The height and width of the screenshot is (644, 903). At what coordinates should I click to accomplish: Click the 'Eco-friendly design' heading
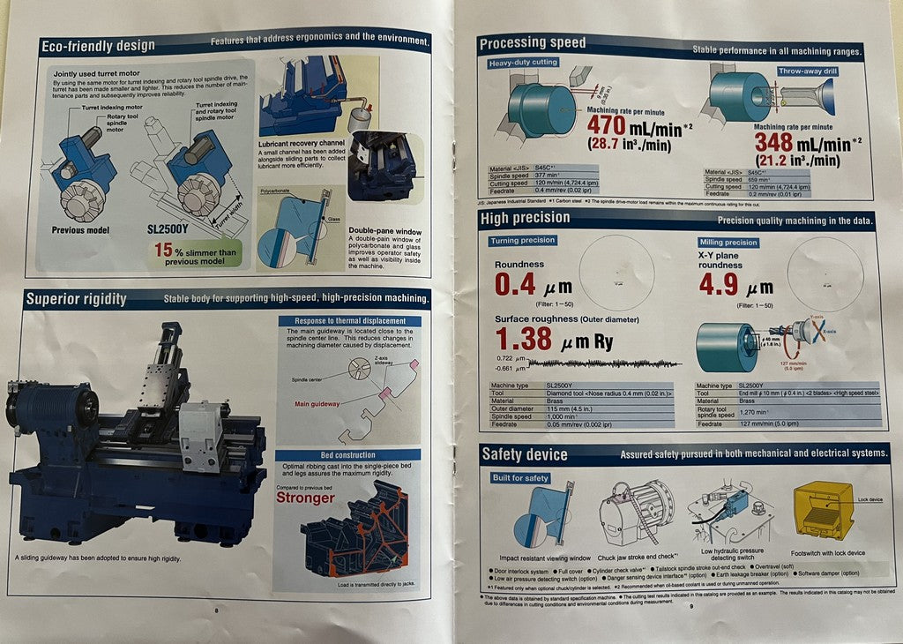[98, 45]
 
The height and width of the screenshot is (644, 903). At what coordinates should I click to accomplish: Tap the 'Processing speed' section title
[532, 43]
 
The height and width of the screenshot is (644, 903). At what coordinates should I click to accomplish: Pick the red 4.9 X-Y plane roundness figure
[718, 285]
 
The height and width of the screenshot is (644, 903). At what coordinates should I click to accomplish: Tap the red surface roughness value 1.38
[524, 340]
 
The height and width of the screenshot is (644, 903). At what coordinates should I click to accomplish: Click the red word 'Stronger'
[305, 497]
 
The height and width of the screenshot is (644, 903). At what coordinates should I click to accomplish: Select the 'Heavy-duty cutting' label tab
[524, 64]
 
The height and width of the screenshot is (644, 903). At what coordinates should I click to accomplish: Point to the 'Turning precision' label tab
[523, 240]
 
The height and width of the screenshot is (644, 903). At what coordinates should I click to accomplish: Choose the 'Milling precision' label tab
[728, 243]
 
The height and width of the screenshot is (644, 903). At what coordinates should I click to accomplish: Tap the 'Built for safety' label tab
[521, 478]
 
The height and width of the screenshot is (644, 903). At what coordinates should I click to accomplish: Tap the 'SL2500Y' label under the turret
[169, 229]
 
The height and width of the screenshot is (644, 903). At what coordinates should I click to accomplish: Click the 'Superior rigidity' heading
[76, 299]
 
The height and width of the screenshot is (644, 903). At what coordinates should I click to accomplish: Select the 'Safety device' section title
[524, 455]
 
